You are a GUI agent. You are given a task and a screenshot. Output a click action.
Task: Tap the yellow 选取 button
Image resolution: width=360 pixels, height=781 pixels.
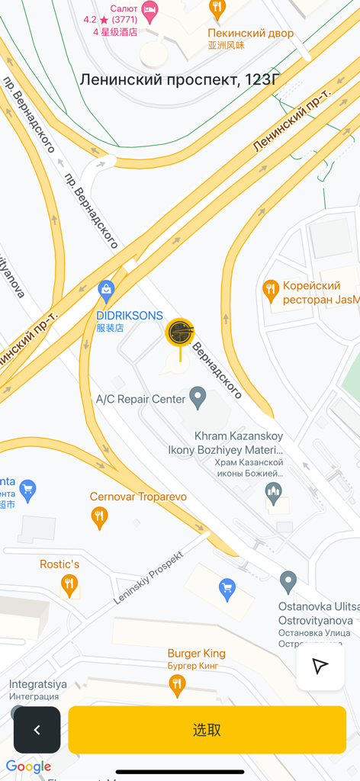point(207,730)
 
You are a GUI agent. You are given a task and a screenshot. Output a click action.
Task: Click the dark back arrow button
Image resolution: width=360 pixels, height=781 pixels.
point(37,730)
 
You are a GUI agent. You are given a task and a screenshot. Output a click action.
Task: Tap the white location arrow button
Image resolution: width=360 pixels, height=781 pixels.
point(320,667)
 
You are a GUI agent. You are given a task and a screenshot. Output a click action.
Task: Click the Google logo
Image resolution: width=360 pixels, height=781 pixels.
point(28,767)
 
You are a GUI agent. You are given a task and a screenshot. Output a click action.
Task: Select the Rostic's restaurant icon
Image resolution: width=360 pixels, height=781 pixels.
point(69,585)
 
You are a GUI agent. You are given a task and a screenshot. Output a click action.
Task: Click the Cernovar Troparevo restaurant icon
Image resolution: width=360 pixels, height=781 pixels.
point(99,518)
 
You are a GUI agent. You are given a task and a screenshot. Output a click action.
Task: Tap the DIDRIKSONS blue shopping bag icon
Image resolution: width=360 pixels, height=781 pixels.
point(106,290)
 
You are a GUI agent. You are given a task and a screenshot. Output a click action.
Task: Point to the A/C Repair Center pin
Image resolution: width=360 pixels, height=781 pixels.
point(198,397)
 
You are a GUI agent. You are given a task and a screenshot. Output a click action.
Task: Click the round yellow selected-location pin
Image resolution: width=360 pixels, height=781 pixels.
point(181,333)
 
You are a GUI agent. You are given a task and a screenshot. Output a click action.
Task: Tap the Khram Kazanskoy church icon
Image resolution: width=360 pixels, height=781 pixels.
point(273,493)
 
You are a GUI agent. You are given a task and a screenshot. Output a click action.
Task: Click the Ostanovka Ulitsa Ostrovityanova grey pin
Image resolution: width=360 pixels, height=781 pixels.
point(288,582)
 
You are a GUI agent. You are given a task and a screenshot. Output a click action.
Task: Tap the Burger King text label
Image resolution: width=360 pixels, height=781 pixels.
point(196,654)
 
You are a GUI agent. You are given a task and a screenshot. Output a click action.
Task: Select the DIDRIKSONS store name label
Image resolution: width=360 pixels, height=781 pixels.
point(130,316)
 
